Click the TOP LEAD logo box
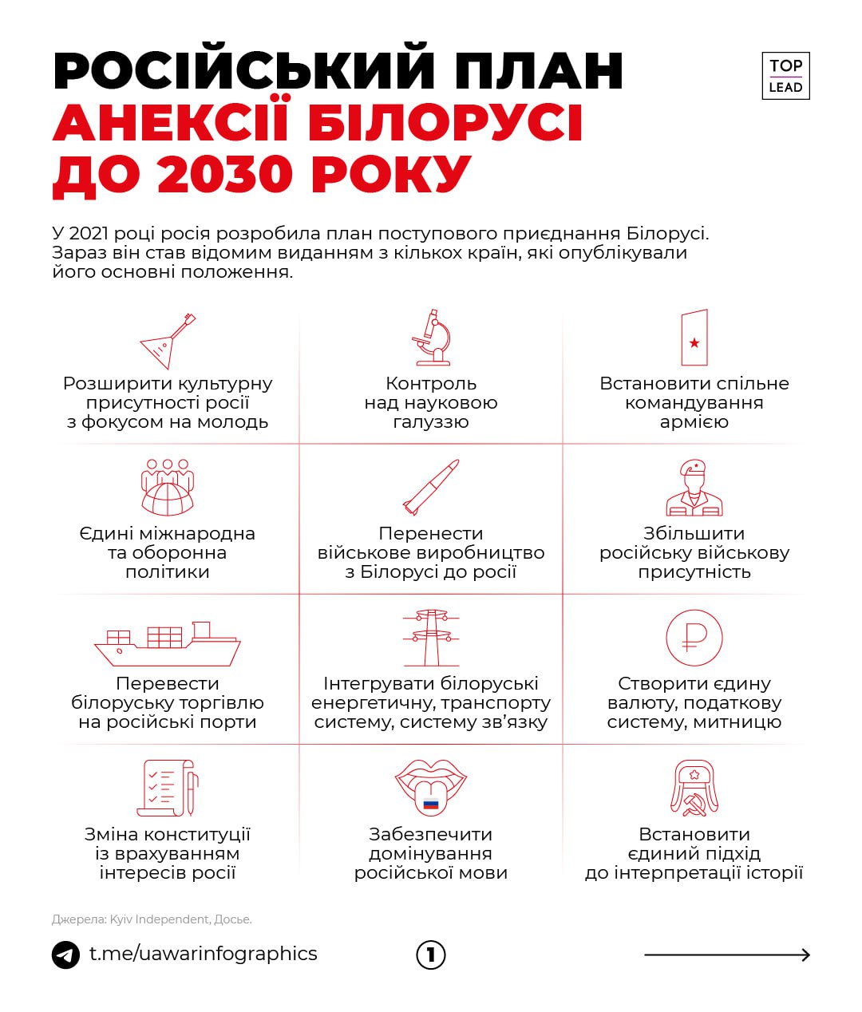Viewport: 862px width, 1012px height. pos(785,76)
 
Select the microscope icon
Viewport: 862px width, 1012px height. pos(431,337)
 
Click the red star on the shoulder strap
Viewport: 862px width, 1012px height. pos(694,343)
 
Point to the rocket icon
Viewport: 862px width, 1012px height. pos(431,487)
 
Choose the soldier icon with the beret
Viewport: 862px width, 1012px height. pos(694,488)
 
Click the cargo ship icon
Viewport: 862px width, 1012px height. pos(168,643)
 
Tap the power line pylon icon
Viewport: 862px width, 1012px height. pos(431,638)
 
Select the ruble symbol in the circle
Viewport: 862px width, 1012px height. pos(694,638)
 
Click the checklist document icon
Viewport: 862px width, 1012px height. pos(168,788)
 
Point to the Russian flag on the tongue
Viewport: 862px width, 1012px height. pos(431,803)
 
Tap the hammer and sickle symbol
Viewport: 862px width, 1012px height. pos(694,804)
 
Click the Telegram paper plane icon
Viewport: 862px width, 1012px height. pos(65,955)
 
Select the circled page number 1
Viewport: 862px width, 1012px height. pos(431,955)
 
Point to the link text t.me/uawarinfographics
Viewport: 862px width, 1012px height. pos(203,954)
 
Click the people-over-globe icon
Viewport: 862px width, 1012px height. pos(168,487)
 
